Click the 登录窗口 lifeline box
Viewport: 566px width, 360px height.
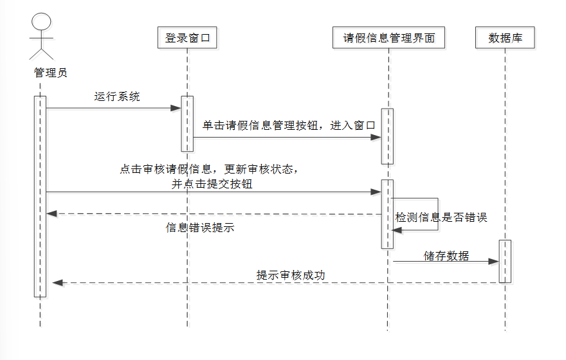point(188,38)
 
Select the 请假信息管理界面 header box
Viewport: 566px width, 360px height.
point(389,38)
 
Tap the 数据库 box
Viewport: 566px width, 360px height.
point(506,38)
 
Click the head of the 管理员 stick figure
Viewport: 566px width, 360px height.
point(41,21)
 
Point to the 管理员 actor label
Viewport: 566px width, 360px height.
point(50,73)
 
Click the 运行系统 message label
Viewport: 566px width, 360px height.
point(116,97)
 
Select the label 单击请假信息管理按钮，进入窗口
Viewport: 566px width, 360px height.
point(289,125)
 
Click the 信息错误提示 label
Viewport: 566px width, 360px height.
point(200,228)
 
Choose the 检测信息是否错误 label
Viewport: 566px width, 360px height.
point(441,217)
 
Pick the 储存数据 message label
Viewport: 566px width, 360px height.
point(446,256)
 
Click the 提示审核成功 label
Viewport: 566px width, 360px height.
point(291,275)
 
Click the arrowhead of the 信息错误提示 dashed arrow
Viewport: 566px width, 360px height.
point(51,213)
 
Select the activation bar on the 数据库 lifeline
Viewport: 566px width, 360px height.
point(505,261)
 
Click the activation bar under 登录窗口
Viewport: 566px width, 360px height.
point(187,123)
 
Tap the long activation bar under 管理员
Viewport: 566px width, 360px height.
point(40,196)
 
